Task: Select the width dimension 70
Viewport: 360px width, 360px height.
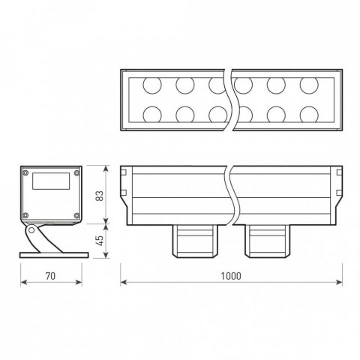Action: [x=51, y=276]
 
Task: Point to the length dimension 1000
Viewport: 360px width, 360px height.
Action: [x=231, y=276]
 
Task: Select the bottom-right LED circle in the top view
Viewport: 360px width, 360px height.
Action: [x=310, y=114]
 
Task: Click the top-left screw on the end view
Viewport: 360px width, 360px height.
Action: [x=26, y=172]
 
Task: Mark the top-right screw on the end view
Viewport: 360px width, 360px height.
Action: [x=76, y=172]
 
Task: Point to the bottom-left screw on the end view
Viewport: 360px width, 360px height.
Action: [x=26, y=216]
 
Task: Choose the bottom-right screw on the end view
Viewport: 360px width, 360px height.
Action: [x=76, y=216]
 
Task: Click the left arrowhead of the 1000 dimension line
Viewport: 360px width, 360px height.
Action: [x=124, y=283]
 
